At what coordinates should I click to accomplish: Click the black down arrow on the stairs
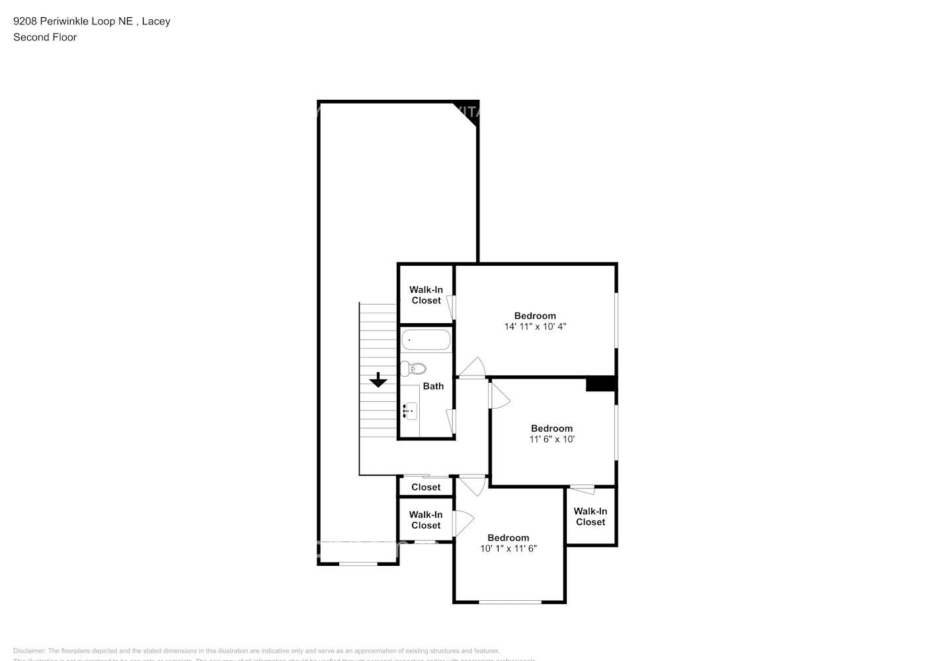click(x=378, y=380)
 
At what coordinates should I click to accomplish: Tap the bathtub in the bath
click(x=426, y=340)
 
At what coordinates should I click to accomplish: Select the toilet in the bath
click(x=413, y=368)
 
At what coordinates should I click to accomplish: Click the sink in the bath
click(x=410, y=411)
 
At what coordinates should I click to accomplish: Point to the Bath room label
click(x=433, y=386)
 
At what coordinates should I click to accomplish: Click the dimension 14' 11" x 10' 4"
click(x=535, y=327)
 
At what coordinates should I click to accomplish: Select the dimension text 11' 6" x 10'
click(x=551, y=439)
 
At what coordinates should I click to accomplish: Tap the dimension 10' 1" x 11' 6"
click(x=508, y=548)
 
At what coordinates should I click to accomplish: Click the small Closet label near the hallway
click(x=426, y=487)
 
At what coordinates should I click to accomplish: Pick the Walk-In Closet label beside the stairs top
click(x=426, y=295)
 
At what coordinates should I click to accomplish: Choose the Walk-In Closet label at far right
click(x=590, y=516)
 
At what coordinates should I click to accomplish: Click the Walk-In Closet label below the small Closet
click(x=426, y=520)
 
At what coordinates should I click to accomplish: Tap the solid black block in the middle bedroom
click(x=601, y=384)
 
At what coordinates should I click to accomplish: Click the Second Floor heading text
click(x=45, y=37)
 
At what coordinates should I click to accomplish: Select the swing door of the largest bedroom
click(x=473, y=369)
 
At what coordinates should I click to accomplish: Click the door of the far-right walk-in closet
click(x=583, y=490)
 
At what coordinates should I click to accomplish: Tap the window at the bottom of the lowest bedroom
click(x=510, y=602)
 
